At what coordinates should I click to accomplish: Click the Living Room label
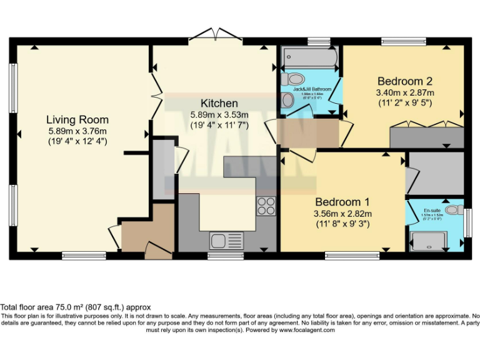pos(77,120)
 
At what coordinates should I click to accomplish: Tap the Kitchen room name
pos(219,103)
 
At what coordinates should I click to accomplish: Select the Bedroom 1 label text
pos(342,202)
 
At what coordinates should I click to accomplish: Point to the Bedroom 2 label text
pos(404,81)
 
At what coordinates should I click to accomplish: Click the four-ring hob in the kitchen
pos(266,206)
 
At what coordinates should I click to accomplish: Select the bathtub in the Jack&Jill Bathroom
pos(310,60)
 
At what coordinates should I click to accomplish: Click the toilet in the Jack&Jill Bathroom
pos(293,79)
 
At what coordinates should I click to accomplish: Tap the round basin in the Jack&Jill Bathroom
pos(288,101)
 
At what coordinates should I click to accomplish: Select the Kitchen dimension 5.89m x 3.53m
pos(219,114)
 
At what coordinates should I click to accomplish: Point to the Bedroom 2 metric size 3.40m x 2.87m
pos(404,92)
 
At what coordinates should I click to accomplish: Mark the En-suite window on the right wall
pos(468,222)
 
